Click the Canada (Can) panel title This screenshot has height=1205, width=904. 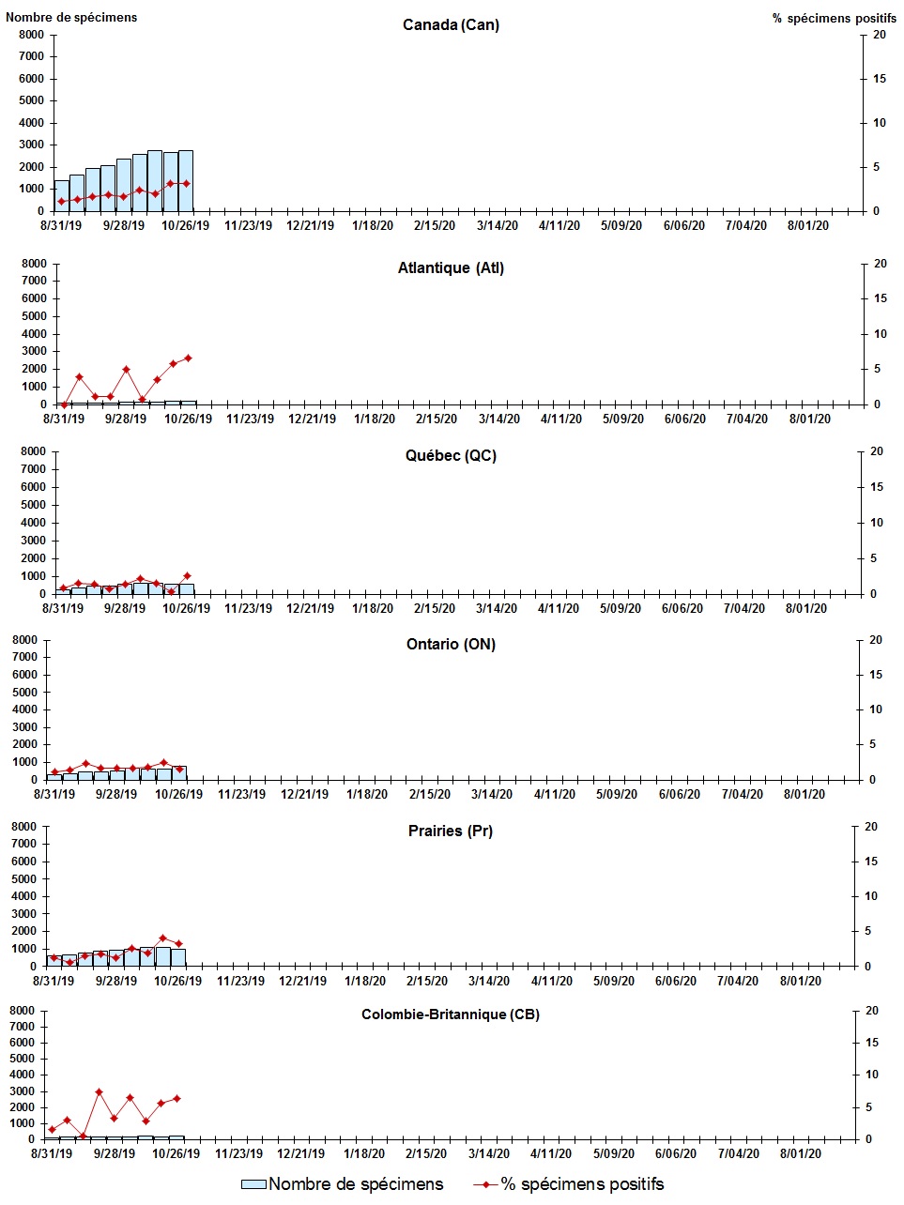coord(451,24)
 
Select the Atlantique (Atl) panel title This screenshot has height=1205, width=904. coord(451,268)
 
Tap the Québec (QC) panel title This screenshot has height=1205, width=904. coord(451,456)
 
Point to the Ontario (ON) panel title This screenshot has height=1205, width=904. coord(451,644)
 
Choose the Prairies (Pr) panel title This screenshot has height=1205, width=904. coord(451,831)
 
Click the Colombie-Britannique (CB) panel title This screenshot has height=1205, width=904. coord(451,1014)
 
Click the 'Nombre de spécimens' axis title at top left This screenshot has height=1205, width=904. coord(71,17)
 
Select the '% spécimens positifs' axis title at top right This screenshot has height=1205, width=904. coord(835,18)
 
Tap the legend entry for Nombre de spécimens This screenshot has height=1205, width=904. coord(343,1184)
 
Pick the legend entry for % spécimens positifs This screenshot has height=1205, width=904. coord(569,1184)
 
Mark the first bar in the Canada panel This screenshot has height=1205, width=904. coord(62,195)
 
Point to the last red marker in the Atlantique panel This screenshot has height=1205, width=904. coord(188,358)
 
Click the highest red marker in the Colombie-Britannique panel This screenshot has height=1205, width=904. coord(99,1091)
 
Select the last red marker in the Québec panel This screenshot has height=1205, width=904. coord(187,575)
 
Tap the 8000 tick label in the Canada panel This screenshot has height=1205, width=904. coord(31,35)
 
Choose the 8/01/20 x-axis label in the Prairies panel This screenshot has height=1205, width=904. coord(801,981)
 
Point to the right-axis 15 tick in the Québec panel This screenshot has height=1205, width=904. coord(877,487)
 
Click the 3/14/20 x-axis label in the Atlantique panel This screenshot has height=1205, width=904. coord(498,419)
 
